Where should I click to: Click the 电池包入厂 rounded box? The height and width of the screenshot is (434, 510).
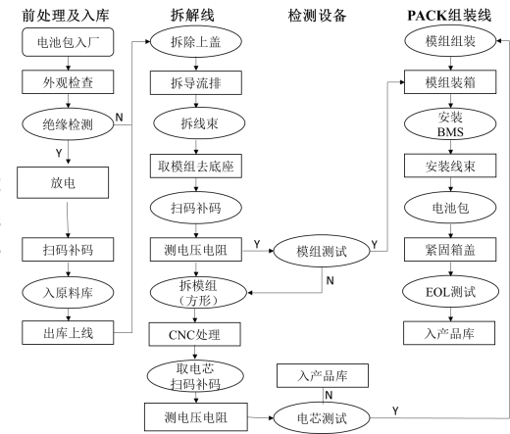[68, 42]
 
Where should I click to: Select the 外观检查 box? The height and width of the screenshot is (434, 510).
[68, 82]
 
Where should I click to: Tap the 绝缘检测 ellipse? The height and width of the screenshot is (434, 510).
[68, 124]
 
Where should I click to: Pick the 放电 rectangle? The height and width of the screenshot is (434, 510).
[63, 183]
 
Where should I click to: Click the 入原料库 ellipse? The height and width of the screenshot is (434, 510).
[68, 292]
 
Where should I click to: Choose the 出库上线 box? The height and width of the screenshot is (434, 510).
[68, 333]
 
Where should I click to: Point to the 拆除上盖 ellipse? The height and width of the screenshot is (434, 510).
[196, 42]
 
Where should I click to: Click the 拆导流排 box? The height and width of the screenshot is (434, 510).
[196, 83]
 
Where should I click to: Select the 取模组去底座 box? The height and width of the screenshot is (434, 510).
[196, 167]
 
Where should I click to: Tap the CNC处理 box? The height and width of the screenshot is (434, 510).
[195, 334]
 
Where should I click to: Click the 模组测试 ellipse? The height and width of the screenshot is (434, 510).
[322, 251]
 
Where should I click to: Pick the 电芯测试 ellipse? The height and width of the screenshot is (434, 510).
[322, 417]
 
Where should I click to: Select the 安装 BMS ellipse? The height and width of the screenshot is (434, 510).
[450, 124]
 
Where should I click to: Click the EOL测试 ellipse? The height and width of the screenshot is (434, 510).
[450, 292]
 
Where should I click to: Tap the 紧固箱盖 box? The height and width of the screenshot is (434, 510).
[450, 250]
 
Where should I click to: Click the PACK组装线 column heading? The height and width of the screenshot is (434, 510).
[449, 15]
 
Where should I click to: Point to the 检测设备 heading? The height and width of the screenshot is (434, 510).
[317, 16]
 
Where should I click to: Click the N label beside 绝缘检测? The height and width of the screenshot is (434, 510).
[120, 117]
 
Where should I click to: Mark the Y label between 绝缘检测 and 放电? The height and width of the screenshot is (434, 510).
[59, 153]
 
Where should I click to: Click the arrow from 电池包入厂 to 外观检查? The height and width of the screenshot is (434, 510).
[68, 64]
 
